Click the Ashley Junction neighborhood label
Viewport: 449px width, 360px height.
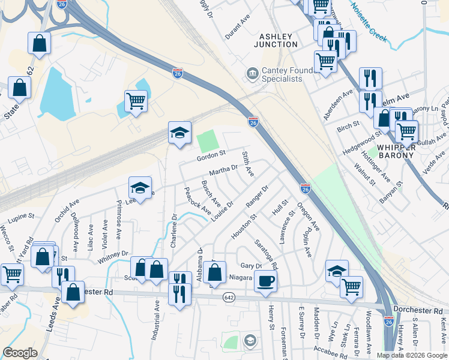pyautogui.click(x=277, y=40)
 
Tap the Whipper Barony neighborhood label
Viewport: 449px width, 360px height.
pyautogui.click(x=396, y=151)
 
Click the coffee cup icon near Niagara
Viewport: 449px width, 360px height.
pyautogui.click(x=265, y=280)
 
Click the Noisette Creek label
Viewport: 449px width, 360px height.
pyautogui.click(x=371, y=17)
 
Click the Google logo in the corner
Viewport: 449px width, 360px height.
pyautogui.click(x=20, y=353)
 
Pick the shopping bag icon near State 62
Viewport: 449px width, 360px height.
pyautogui.click(x=19, y=88)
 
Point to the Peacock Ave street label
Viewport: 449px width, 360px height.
pyautogui.click(x=197, y=202)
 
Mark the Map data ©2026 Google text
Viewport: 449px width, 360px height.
pyautogui.click(x=411, y=355)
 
